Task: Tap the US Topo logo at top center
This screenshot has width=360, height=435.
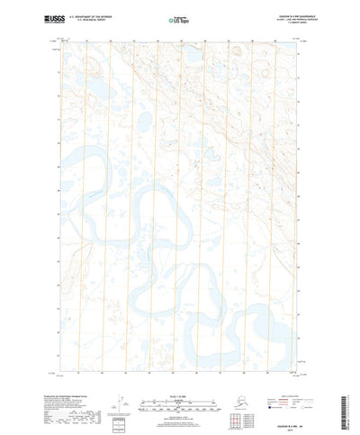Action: pos(179,17)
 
